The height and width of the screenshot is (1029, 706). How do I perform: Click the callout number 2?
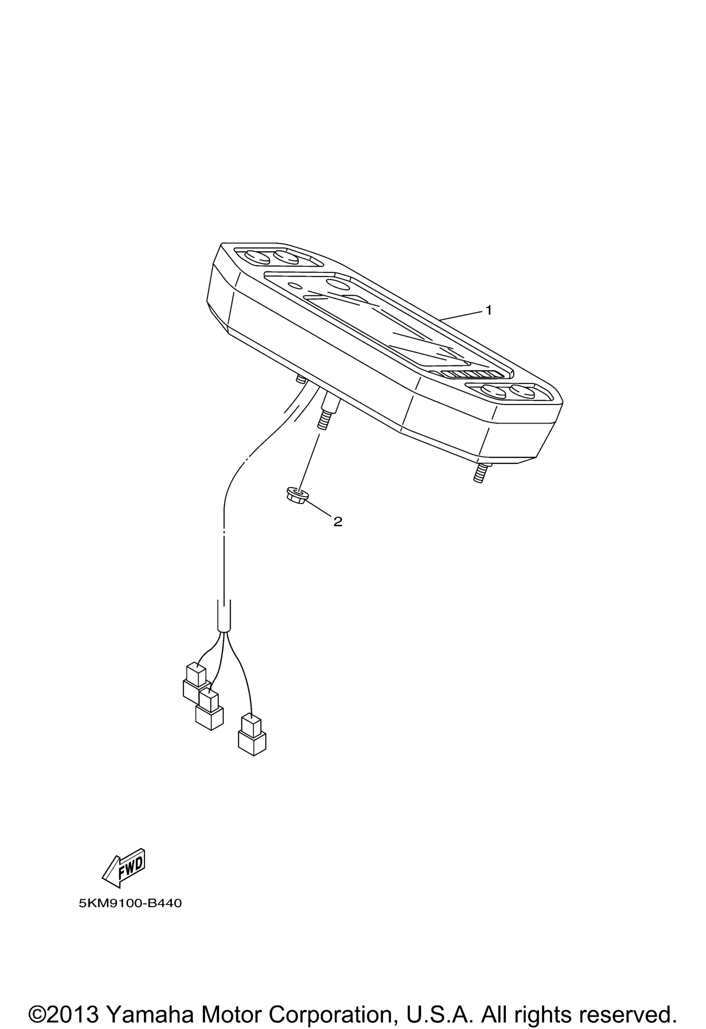coord(338,522)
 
